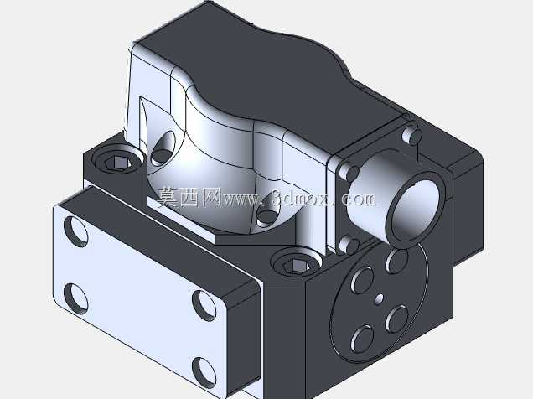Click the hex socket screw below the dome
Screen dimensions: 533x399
click(297, 262)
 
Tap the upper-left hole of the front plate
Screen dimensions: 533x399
click(75, 231)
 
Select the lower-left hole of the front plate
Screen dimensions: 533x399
click(75, 298)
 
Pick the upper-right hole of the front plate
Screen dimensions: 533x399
click(204, 305)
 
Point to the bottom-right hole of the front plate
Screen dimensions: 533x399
click(204, 372)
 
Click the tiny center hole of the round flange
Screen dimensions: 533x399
click(379, 298)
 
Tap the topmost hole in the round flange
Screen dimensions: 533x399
click(396, 261)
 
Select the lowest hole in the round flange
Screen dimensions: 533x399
click(361, 339)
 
